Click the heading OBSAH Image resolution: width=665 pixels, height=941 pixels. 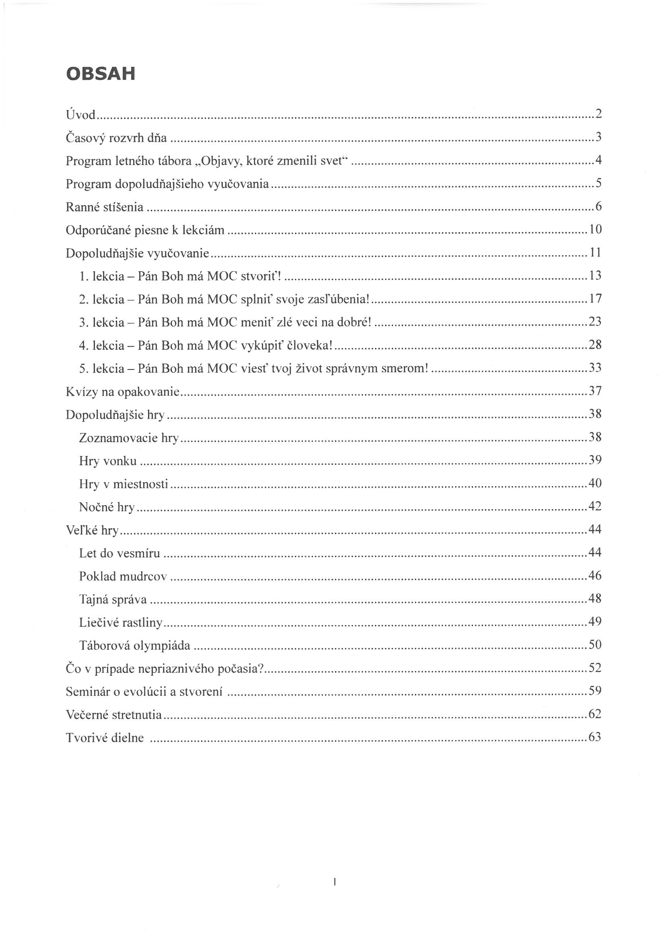coord(101,74)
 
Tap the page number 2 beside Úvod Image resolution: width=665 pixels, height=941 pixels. coord(599,114)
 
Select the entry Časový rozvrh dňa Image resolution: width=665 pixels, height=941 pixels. coord(116,138)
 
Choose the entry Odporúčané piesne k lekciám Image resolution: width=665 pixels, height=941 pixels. coord(145,230)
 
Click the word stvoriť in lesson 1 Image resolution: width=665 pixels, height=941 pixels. coord(261,276)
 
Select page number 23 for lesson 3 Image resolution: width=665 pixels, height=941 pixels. coord(595,321)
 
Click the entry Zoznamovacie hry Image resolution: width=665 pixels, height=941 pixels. coord(129,438)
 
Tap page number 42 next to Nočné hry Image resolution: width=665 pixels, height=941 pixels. coord(595,506)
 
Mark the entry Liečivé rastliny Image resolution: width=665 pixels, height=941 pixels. coord(121,623)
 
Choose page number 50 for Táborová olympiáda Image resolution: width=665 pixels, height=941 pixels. coord(595,645)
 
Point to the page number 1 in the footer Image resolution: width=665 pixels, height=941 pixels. coord(335,881)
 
